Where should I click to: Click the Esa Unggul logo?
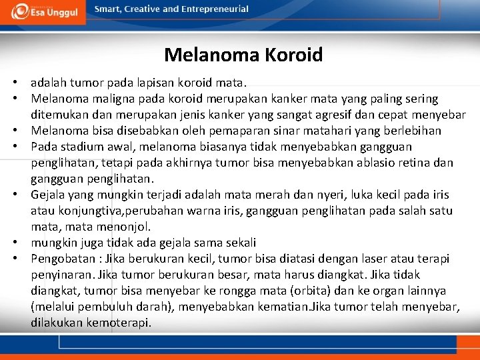(43, 12)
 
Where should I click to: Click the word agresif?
(331, 115)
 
